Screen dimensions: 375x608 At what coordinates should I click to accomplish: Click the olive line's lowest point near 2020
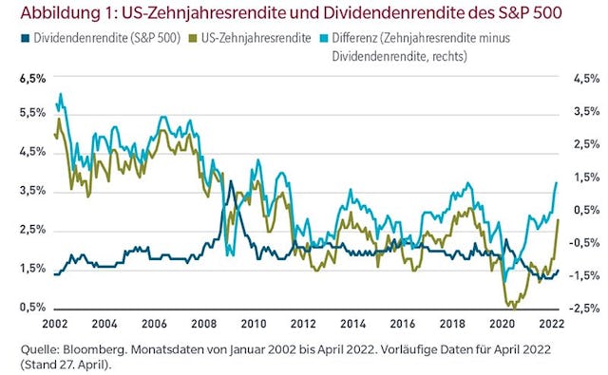(513, 307)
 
